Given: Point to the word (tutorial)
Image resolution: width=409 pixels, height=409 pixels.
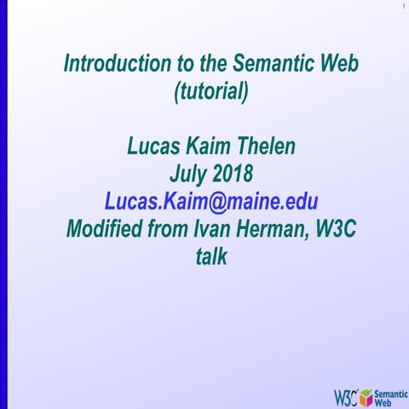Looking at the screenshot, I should (211, 90).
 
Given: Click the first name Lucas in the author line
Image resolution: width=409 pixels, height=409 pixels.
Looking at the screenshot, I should (154, 147).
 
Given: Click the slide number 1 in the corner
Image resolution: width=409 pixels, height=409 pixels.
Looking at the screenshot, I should (401, 8).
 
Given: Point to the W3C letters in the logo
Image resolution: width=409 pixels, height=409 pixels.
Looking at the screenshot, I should (346, 395).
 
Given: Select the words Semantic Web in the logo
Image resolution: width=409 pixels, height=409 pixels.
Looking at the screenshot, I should (390, 395).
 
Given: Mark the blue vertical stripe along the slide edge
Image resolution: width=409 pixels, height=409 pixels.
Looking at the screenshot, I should (3, 204).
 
